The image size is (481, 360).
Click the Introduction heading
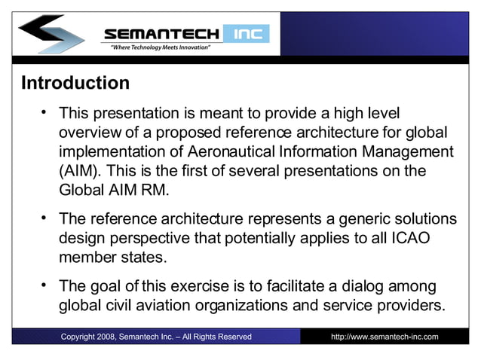(75, 82)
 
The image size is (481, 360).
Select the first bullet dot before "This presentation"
(45, 113)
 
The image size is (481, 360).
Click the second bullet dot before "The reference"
(45, 219)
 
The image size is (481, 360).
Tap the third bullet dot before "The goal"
(45, 285)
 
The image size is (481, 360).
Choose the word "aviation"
(176, 307)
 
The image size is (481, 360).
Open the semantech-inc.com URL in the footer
(384, 336)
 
